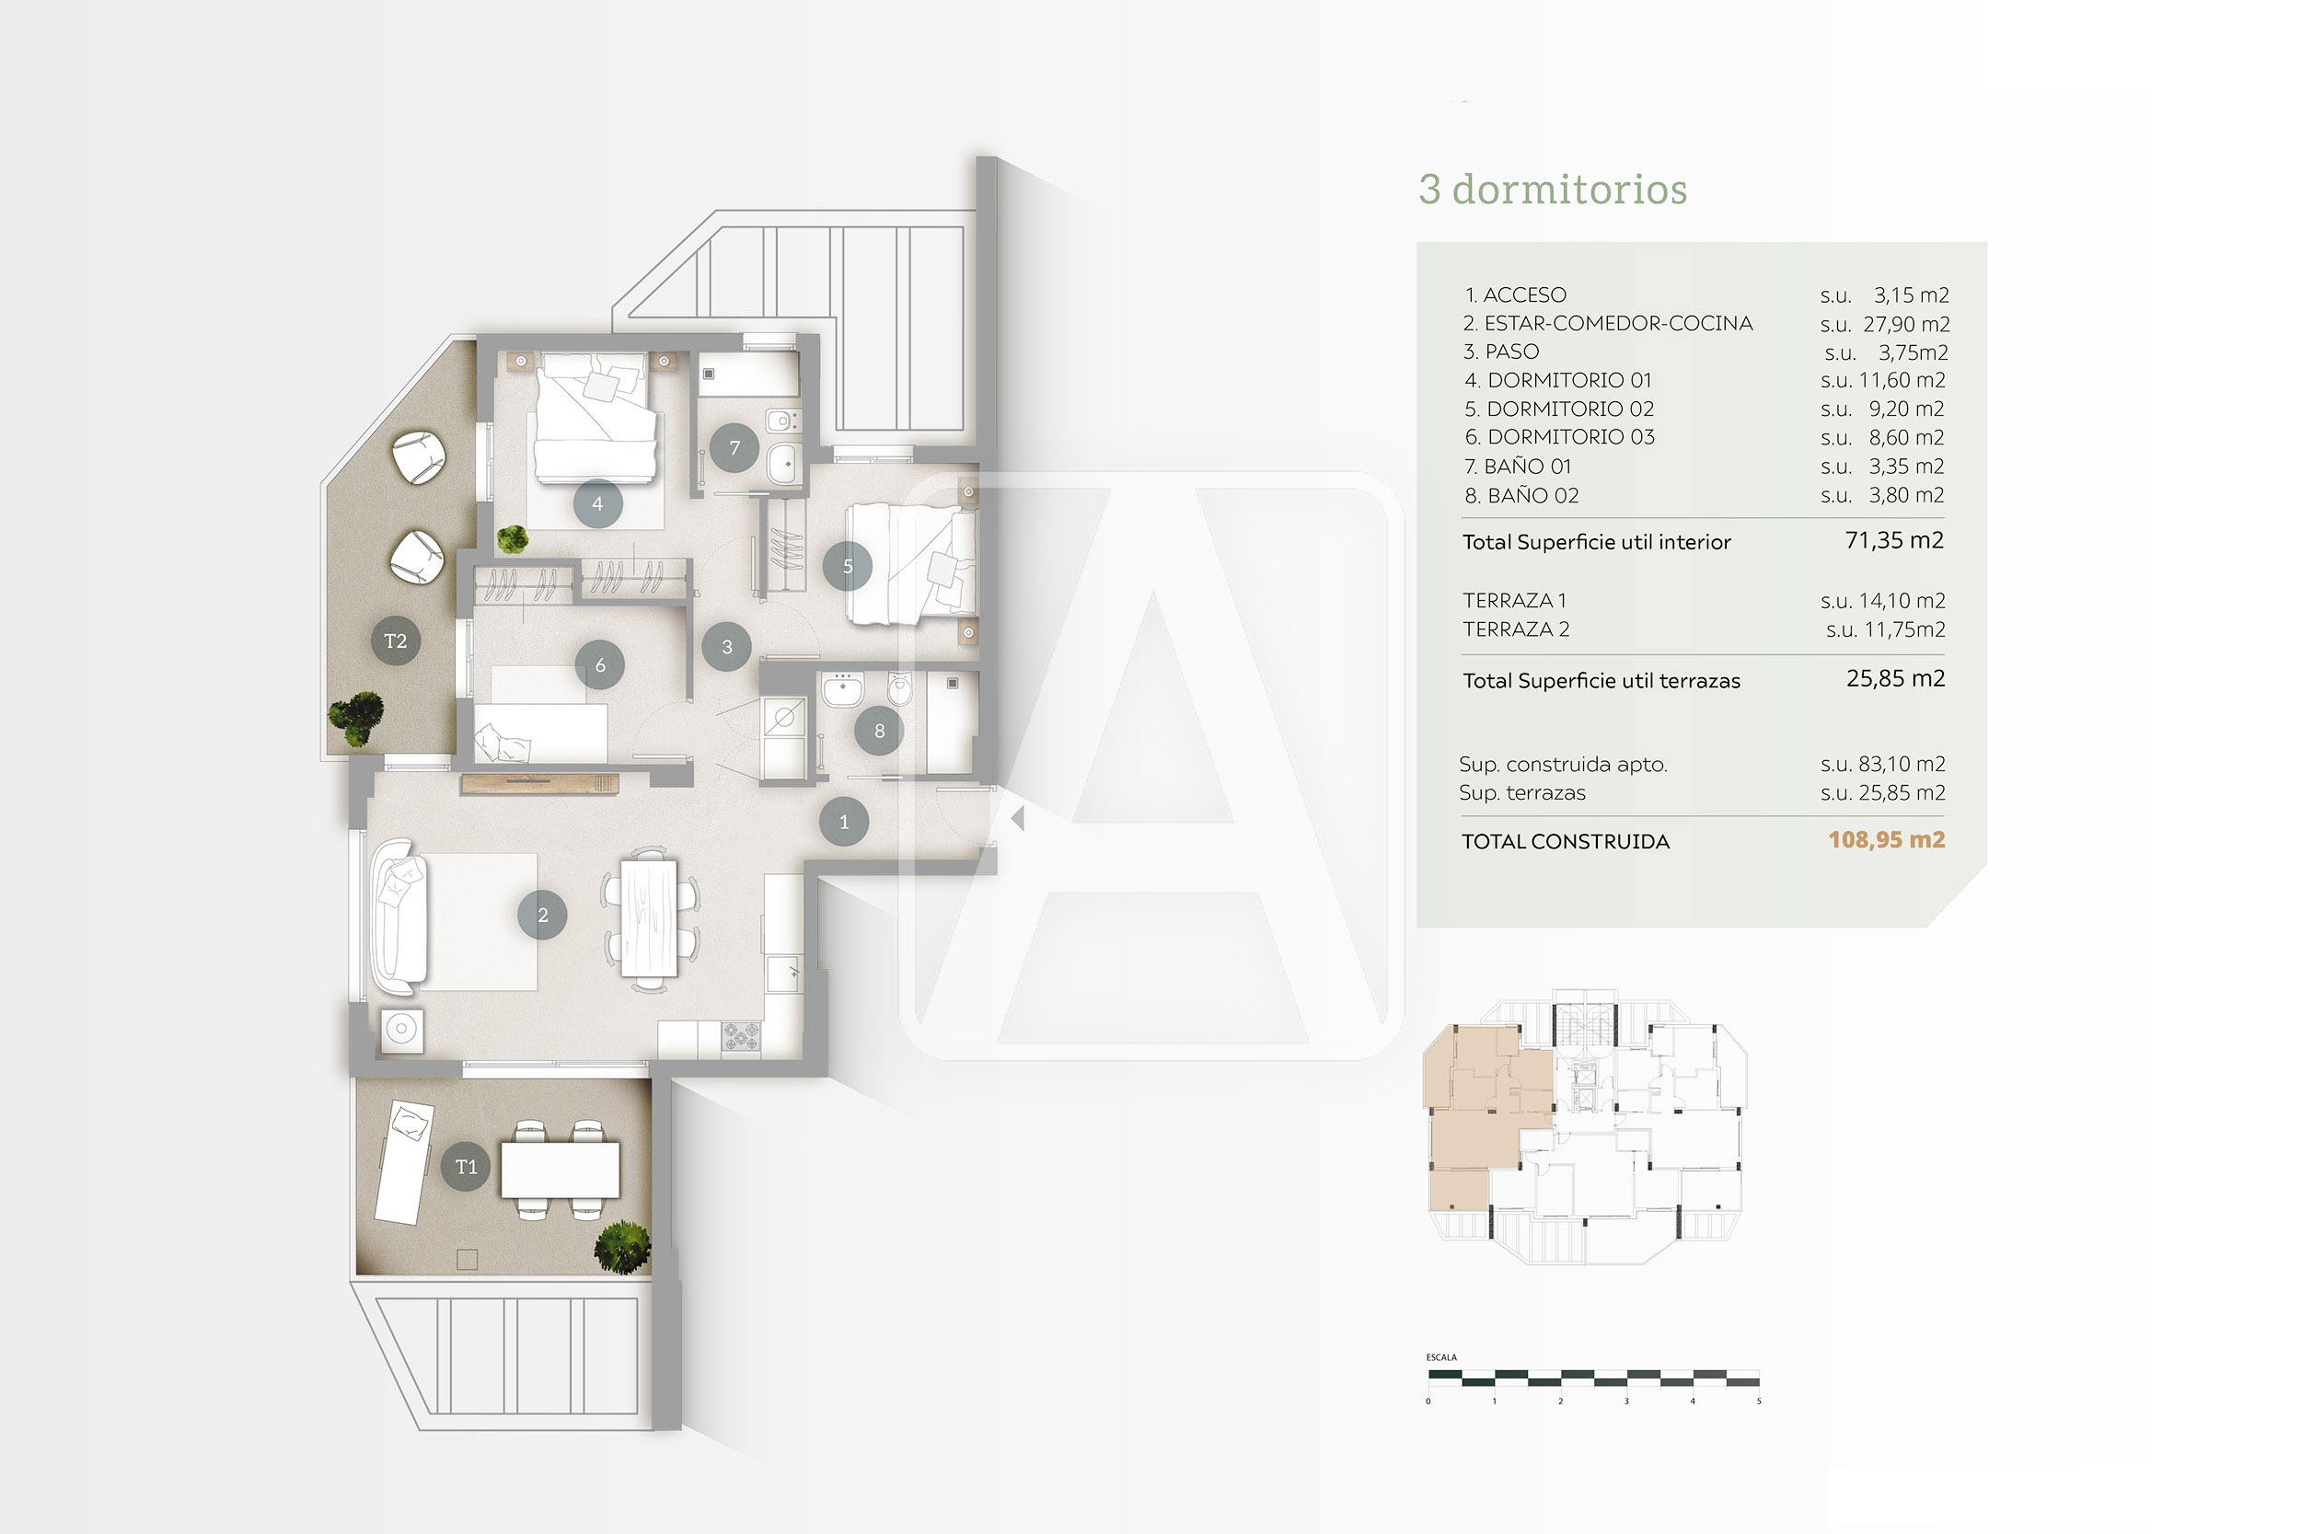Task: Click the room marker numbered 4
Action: (596, 504)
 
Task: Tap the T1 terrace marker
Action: (466, 1166)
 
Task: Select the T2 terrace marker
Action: (395, 640)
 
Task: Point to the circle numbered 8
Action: (879, 731)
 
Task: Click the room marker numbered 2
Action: (542, 915)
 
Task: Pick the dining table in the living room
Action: (649, 917)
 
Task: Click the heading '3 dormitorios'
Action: (1553, 189)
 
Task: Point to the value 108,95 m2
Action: (1886, 839)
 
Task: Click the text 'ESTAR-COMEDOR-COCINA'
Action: (1618, 323)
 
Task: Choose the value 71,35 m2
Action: (1894, 540)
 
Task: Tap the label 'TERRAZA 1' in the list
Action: (1514, 600)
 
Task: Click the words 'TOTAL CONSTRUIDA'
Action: (1566, 841)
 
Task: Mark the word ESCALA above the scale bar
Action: (1441, 1357)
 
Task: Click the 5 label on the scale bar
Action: (1758, 1401)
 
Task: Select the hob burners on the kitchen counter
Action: (741, 1036)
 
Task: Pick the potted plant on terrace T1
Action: (622, 1248)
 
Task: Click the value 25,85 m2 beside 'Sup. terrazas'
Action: (1901, 792)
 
